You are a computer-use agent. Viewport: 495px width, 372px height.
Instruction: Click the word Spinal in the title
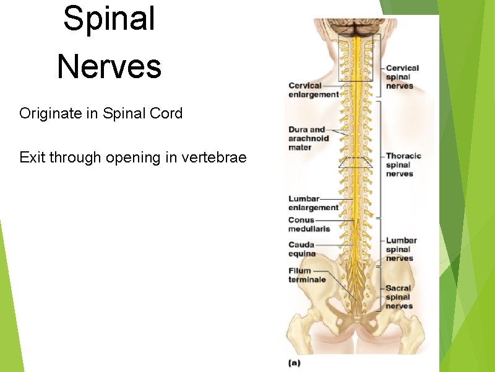point(109,19)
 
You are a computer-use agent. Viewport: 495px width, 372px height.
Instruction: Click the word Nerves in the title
point(109,67)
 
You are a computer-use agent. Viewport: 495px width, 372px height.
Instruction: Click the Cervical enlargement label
point(313,90)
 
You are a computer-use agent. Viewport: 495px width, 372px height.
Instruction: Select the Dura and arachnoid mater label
point(308,138)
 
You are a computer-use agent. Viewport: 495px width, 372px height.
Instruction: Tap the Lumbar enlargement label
point(313,203)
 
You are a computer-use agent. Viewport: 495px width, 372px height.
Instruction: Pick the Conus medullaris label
point(309,224)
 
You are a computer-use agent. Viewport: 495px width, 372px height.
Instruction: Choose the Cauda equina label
point(302,249)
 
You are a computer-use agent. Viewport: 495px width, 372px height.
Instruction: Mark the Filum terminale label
point(307,275)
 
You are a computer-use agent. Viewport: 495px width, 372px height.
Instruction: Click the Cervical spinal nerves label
point(402,77)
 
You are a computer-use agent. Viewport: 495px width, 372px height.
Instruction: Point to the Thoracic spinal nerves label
point(403,165)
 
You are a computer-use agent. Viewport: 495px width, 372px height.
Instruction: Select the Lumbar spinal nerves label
point(402,249)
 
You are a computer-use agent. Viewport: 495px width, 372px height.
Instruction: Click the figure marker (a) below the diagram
point(295,362)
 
